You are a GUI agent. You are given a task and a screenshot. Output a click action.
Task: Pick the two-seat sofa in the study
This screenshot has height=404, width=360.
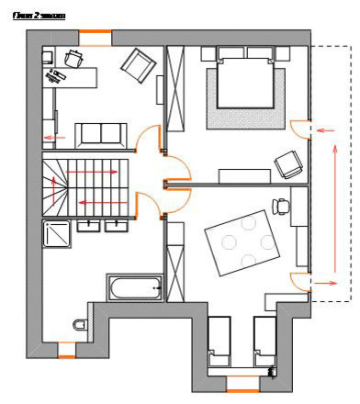[x=101, y=133]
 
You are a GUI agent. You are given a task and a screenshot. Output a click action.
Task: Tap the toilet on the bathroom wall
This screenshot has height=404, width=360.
[x=79, y=323]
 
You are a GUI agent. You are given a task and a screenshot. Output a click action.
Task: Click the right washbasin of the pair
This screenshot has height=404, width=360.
[x=117, y=226]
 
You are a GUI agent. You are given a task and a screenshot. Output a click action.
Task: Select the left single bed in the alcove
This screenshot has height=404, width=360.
[x=220, y=343]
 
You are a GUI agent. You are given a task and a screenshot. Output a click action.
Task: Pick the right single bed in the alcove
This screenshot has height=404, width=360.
[x=264, y=343]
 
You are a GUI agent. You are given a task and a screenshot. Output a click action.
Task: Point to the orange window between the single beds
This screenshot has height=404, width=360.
[x=242, y=377]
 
